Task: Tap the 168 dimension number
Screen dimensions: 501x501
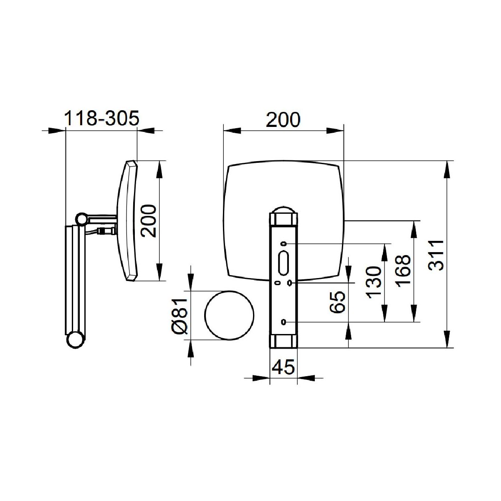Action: point(403,271)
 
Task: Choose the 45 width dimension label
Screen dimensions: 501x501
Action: point(283,367)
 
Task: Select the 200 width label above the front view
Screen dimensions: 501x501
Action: point(283,119)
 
